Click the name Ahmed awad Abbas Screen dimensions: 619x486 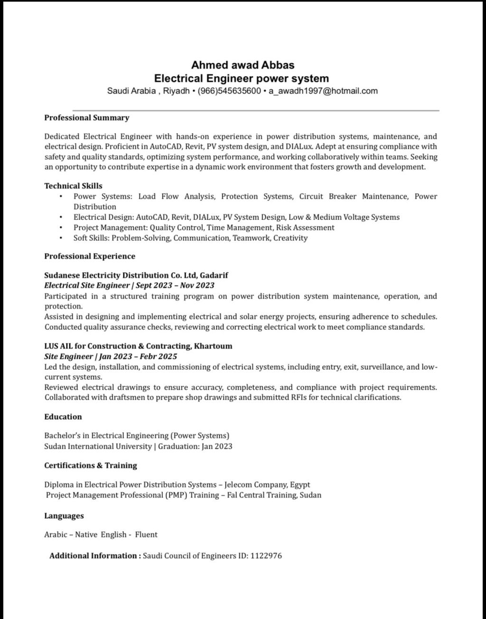[243, 65]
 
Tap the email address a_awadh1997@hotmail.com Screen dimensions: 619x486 [323, 91]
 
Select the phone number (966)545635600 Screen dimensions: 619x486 [229, 91]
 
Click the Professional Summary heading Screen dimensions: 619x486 [87, 117]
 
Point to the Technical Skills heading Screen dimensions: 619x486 [74, 186]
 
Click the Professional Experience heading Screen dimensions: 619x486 [90, 256]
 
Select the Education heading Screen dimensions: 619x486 [63, 417]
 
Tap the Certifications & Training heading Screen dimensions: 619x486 [91, 465]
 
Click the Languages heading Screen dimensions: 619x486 [64, 516]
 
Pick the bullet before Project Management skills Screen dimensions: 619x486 [61, 228]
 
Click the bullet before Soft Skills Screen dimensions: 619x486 [61, 238]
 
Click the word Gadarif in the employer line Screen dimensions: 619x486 [214, 275]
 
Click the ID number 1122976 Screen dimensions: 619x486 [266, 555]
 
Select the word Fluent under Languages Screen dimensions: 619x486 [146, 534]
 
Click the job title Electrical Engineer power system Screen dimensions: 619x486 [242, 78]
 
